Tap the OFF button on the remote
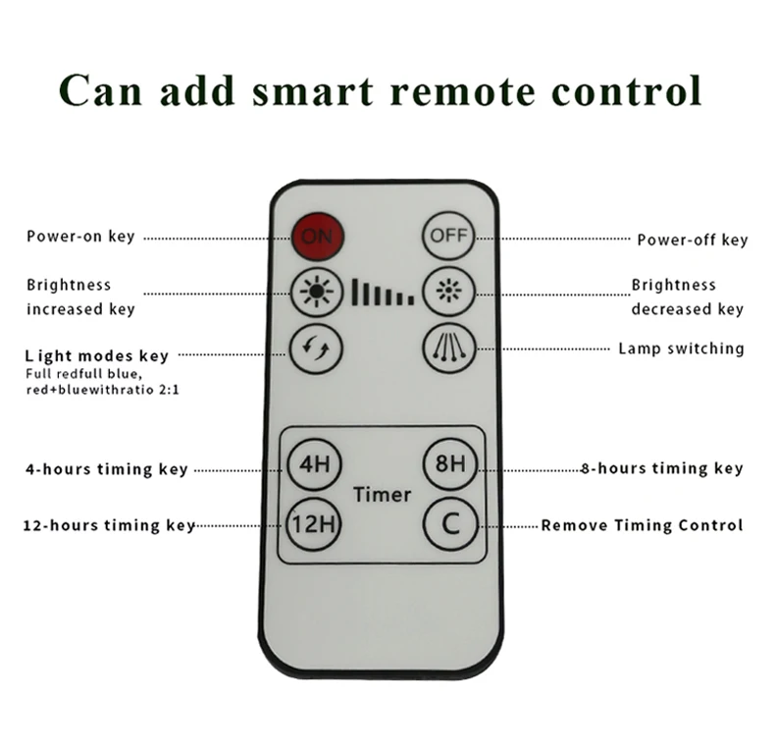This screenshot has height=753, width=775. pos(447,237)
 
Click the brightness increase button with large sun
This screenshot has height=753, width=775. pos(317,292)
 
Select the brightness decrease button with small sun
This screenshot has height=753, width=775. pos(448,292)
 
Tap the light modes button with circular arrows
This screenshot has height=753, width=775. pos(317,346)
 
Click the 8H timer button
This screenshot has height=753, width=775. pos(448,462)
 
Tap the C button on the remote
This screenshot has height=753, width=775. pos(449,522)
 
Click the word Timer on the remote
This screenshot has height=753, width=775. pos(382,494)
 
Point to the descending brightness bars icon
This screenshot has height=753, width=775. pos(382,292)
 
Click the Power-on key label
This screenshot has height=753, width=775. pos(80,237)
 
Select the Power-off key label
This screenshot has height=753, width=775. pos(692,240)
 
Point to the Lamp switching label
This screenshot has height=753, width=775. pos(681,349)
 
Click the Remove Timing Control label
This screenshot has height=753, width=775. pos(642,525)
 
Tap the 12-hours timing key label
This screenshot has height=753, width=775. pos(109,525)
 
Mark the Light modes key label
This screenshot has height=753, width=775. pos(97,356)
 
